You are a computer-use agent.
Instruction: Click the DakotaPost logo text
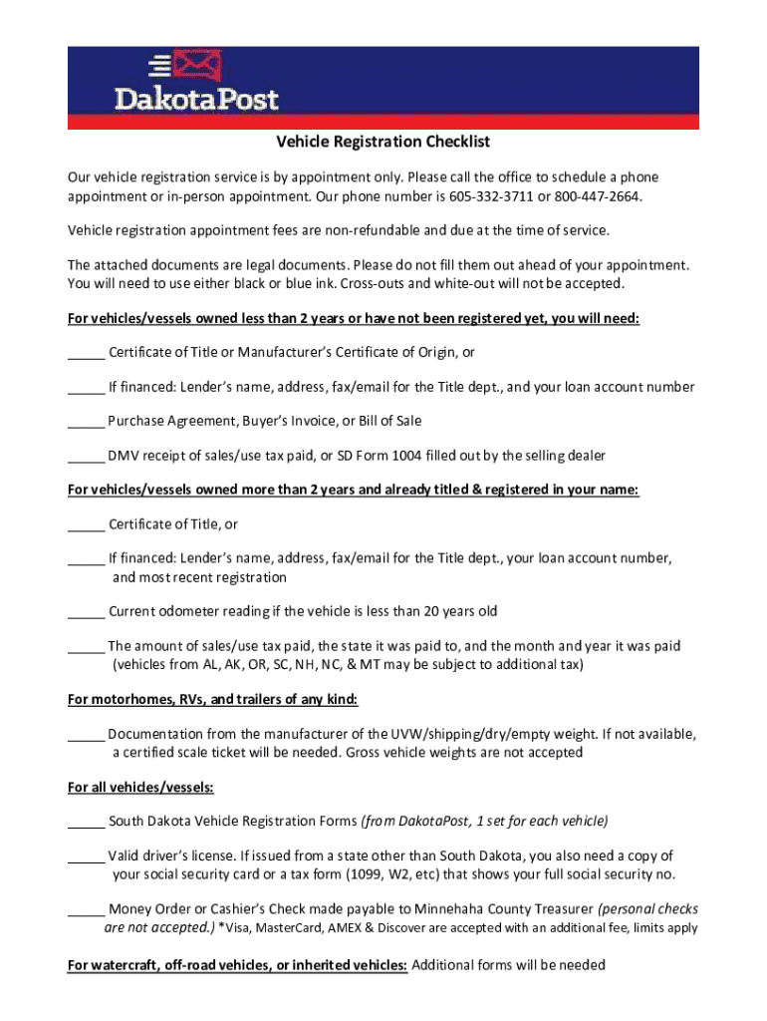click(x=196, y=98)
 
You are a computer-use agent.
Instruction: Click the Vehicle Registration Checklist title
click(x=383, y=143)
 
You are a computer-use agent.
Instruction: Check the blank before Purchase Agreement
click(x=86, y=422)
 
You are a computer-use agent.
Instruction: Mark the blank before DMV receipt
click(x=86, y=457)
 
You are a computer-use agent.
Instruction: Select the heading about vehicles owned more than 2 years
click(x=353, y=490)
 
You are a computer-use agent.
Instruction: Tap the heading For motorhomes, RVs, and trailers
click(x=211, y=698)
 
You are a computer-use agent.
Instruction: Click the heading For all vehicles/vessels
click(x=140, y=787)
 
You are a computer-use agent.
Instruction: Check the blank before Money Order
click(x=86, y=910)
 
